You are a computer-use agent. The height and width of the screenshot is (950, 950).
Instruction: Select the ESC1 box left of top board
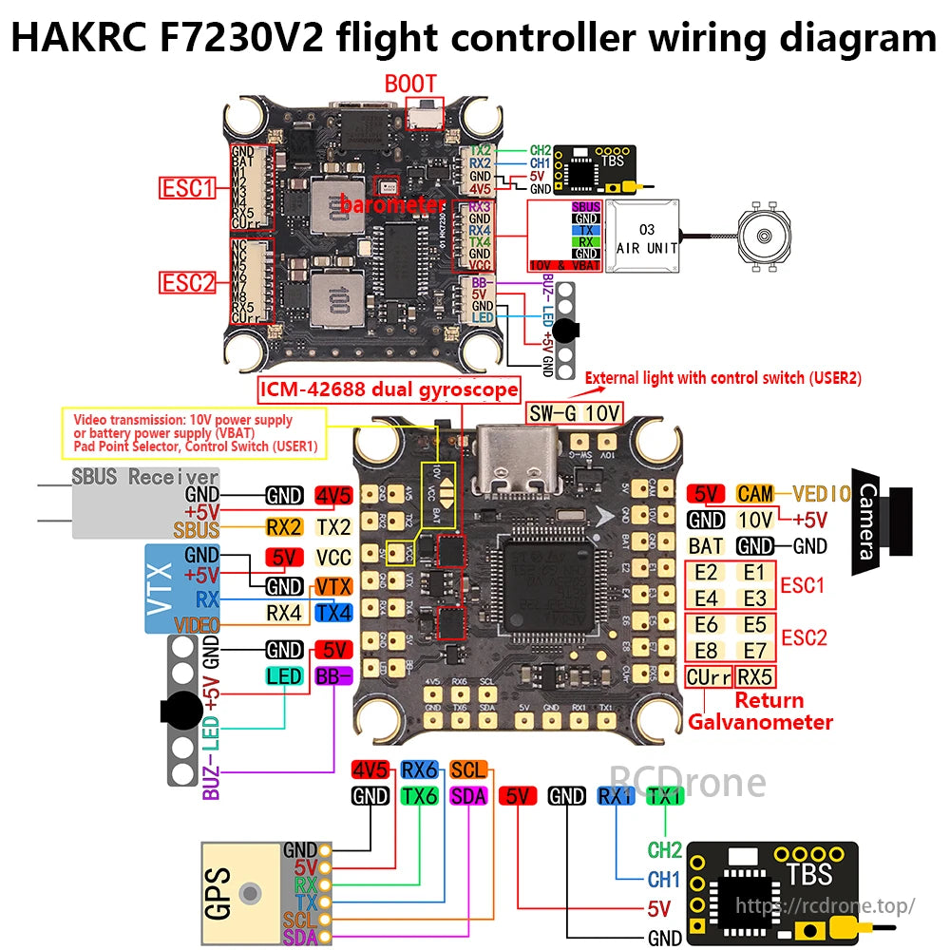[x=187, y=188]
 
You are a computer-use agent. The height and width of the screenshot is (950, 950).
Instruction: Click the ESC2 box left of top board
[x=187, y=282]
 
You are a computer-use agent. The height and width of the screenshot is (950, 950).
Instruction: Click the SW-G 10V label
[x=575, y=412]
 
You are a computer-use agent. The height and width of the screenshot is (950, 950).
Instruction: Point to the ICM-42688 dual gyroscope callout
[x=389, y=389]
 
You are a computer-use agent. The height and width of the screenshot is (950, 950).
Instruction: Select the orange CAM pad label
[x=755, y=493]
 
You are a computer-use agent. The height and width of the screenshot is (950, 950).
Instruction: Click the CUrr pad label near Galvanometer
[x=708, y=677]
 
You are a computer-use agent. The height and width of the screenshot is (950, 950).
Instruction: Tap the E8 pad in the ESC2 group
[x=706, y=651]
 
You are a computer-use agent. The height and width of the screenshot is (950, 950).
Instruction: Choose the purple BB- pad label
[x=333, y=676]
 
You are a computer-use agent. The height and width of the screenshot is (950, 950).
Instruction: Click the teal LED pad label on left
[x=284, y=676]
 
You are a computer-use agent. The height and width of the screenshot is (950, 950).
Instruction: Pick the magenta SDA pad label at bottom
[x=467, y=796]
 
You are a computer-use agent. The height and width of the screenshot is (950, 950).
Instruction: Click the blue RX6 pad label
[x=419, y=769]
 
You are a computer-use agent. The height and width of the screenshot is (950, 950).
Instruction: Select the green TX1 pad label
[x=664, y=796]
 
